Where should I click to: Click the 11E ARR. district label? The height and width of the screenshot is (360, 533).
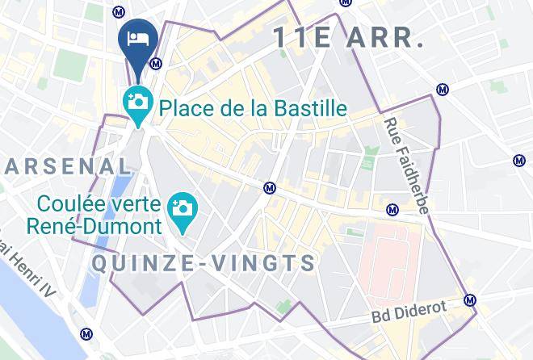tap(349, 37)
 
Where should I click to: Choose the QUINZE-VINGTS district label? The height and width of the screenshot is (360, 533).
tap(204, 263)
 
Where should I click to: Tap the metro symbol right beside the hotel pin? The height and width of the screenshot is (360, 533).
tap(157, 64)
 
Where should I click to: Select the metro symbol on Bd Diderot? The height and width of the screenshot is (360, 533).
tap(470, 300)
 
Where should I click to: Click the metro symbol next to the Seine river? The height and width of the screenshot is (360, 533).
tap(86, 334)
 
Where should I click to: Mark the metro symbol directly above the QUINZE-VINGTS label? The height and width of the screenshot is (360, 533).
tap(271, 188)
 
